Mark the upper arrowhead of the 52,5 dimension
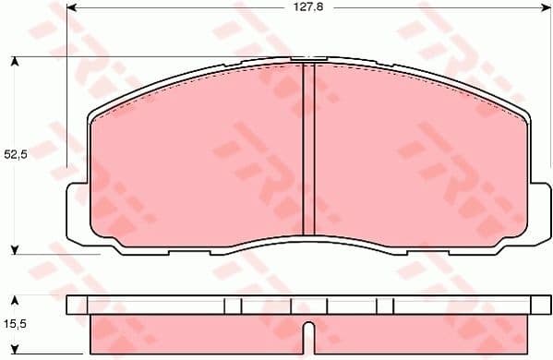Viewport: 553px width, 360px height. pos(16,62)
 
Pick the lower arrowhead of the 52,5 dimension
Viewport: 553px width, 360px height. pos(16,249)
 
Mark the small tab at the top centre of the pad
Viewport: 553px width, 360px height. pos(305,59)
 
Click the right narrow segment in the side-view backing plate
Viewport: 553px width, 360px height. pos(385,306)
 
